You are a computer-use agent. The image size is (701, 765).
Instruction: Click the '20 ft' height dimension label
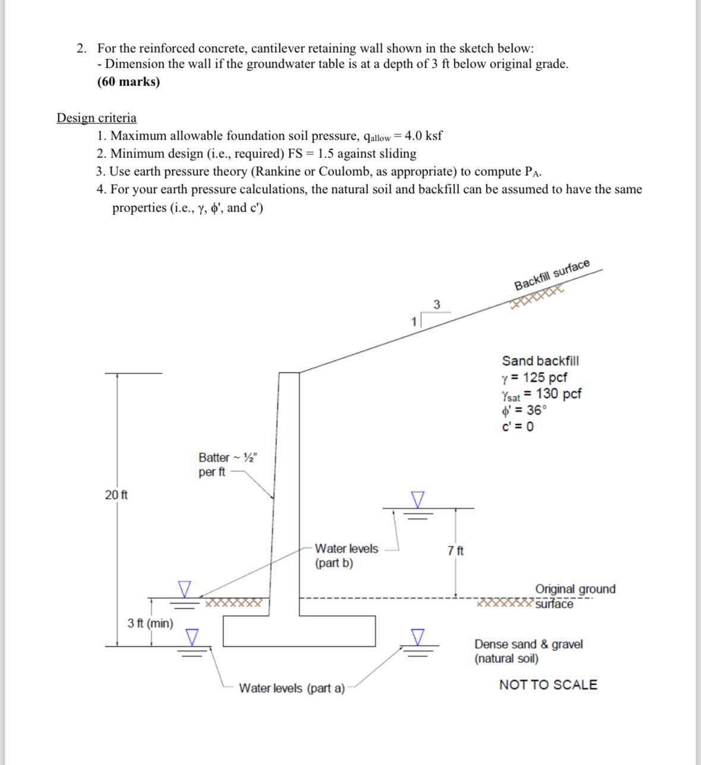[116, 495]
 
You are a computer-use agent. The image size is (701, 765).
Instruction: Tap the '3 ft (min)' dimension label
[150, 623]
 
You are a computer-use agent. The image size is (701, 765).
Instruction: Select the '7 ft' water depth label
[455, 550]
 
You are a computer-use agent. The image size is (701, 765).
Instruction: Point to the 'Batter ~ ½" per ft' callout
[227, 464]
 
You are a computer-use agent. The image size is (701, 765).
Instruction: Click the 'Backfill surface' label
[552, 275]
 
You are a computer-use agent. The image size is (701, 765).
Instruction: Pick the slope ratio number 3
[437, 304]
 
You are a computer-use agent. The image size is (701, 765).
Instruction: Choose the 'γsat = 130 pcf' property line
[541, 394]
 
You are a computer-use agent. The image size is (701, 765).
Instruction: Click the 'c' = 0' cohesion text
[517, 427]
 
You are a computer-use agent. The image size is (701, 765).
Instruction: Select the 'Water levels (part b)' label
[346, 555]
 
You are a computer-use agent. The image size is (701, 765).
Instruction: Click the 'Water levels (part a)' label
[292, 688]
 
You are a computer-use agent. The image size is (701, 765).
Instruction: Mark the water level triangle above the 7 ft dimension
[419, 499]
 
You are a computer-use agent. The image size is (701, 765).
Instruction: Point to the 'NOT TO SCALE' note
[548, 685]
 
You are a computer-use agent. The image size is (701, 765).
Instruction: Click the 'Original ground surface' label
[574, 596]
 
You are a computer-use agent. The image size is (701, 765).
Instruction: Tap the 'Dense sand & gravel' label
[528, 644]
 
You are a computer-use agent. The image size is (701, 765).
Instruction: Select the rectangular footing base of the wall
[299, 631]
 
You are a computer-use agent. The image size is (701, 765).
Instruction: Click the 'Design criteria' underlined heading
[96, 118]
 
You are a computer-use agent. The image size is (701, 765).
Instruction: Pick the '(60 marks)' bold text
[128, 81]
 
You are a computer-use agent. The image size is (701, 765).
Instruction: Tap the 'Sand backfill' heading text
[540, 361]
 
